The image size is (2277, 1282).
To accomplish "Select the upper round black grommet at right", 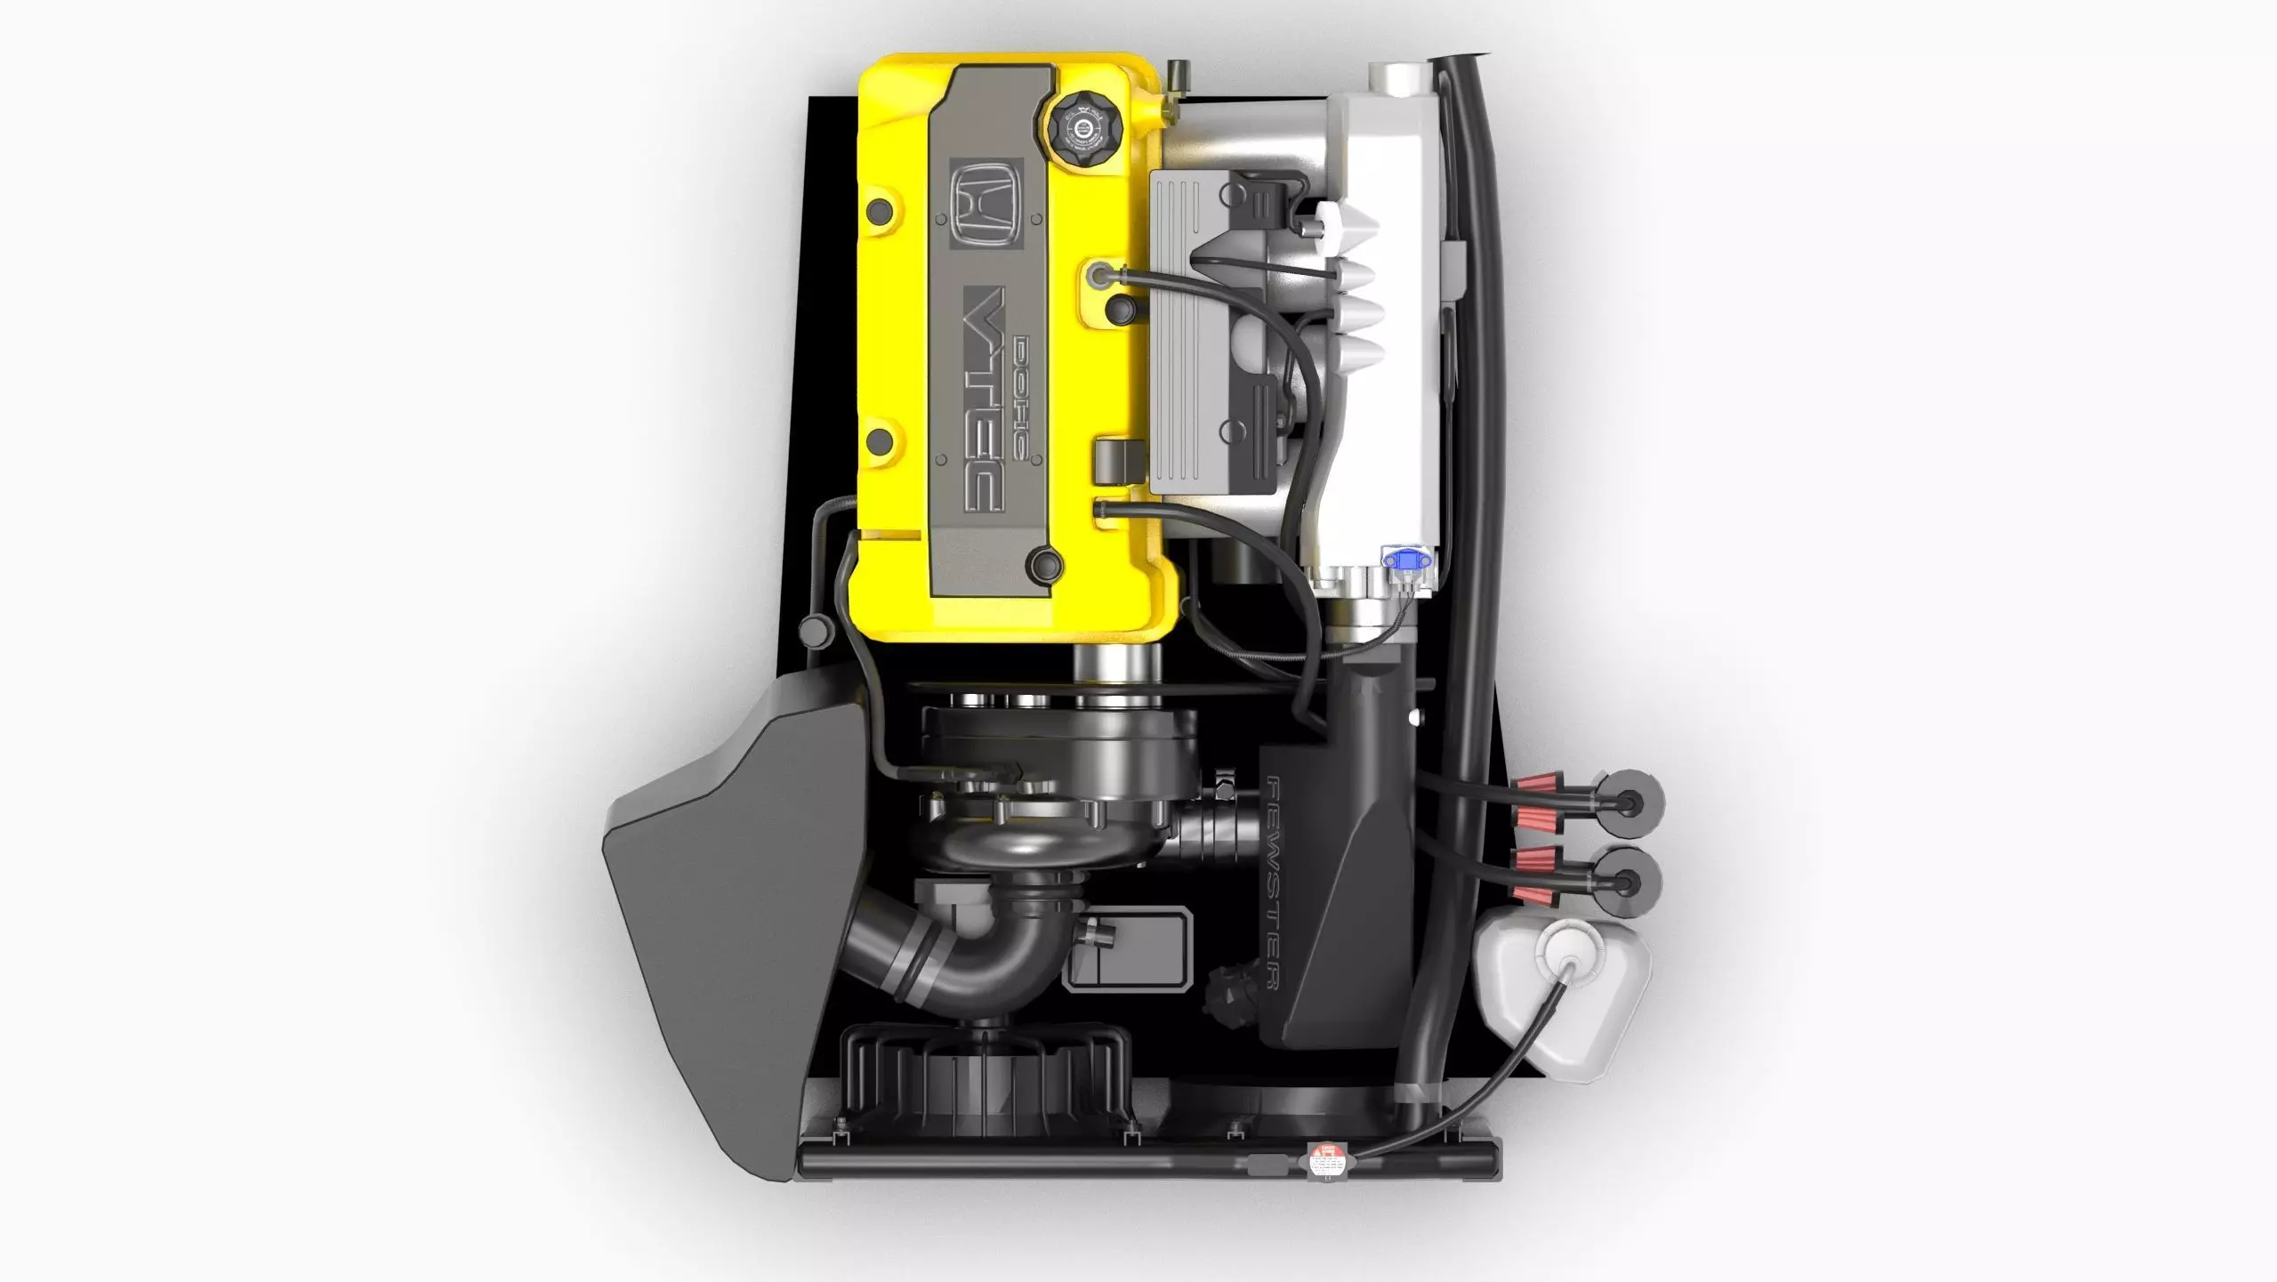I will pyautogui.click(x=1630, y=802).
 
